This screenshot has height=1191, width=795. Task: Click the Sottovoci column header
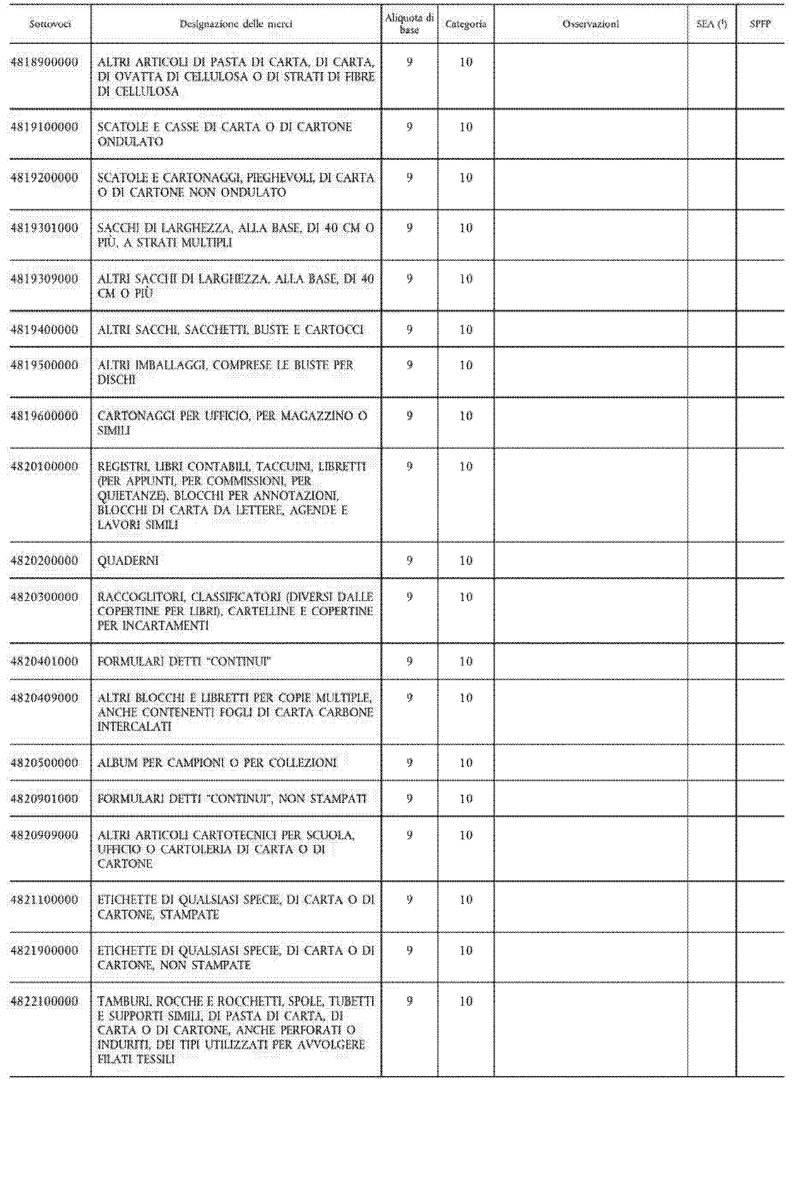click(50, 24)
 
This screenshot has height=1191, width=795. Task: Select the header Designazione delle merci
click(236, 24)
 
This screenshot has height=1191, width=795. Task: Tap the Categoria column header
click(465, 24)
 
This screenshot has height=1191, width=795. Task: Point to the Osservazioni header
click(591, 24)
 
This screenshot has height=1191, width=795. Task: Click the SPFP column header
click(760, 24)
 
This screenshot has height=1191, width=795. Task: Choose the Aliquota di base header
click(409, 24)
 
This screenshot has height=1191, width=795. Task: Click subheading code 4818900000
click(45, 62)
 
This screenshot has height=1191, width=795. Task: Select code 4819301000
click(45, 228)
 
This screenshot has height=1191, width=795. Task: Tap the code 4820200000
click(45, 560)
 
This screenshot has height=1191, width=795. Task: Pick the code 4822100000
click(45, 1001)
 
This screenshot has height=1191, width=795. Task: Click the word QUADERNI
click(128, 560)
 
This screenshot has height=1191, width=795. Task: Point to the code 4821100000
click(45, 900)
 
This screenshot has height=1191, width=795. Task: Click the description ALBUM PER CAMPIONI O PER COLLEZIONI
click(217, 763)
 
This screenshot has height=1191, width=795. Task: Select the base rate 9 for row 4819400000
click(410, 330)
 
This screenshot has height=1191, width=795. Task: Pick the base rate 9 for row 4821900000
click(410, 951)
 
